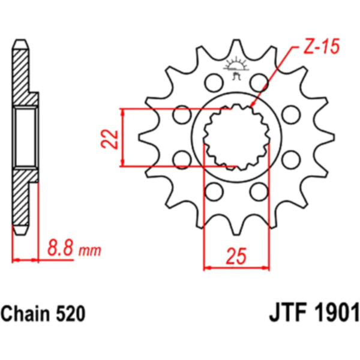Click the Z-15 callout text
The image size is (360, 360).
tap(322, 47)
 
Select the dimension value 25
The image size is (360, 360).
tap(236, 256)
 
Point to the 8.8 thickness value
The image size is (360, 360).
tap(60, 248)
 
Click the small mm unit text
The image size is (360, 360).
tap(90, 251)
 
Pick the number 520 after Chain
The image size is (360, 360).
tap(71, 314)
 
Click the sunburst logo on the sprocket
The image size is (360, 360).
tap(236, 65)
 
